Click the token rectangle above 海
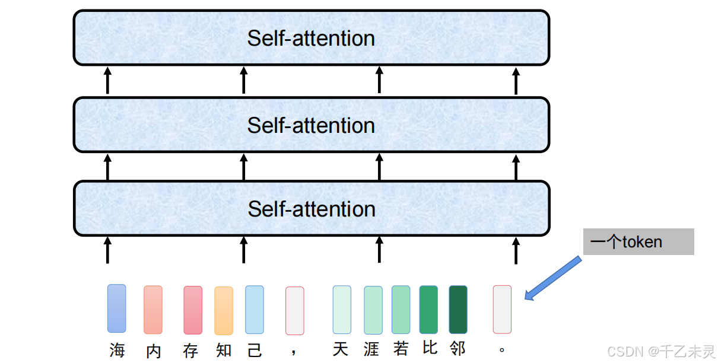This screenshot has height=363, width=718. point(117,308)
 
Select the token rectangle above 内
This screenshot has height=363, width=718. point(153,310)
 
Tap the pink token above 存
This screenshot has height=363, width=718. point(193,310)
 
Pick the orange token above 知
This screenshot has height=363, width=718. point(224,311)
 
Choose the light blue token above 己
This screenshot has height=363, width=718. point(255,310)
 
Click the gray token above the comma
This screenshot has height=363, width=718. point(295,311)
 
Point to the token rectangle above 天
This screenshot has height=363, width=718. point(342,310)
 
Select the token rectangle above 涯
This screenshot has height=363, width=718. point(373,310)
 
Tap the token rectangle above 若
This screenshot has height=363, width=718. point(401,310)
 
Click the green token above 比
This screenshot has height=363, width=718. point(428,310)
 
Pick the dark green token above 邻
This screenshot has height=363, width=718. point(458,310)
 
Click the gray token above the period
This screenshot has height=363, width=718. point(502,310)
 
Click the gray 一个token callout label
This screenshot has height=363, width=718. point(638,242)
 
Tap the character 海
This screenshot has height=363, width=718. point(117,350)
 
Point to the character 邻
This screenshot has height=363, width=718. point(458,348)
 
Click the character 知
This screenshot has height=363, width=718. point(224,350)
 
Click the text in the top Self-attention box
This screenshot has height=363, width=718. point(311,39)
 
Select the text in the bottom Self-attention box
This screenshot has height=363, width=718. point(312,209)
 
